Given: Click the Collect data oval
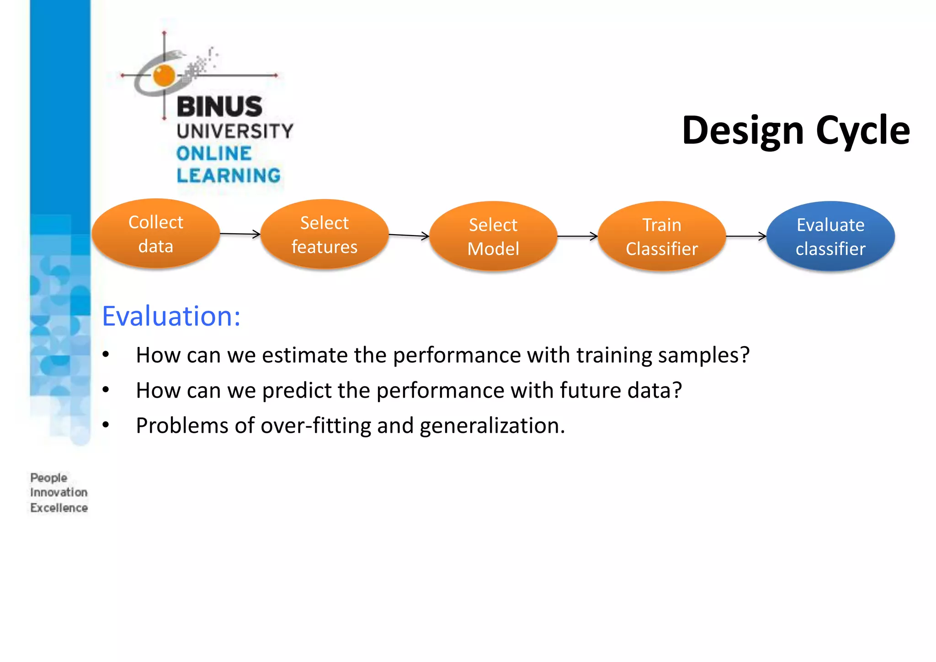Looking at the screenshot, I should [156, 234].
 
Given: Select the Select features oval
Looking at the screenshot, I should [324, 235].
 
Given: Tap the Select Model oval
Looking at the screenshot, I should [493, 236].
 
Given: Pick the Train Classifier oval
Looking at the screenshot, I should [662, 236].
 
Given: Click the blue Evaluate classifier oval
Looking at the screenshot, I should [830, 236].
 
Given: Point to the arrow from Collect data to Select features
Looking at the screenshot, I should [240, 234].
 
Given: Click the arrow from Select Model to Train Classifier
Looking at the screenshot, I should [577, 236].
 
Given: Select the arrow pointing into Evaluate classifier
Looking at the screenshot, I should [746, 236].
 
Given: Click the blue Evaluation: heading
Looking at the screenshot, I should [171, 316].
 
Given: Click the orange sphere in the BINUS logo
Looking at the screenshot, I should [164, 75].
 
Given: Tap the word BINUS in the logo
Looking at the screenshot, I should [219, 107].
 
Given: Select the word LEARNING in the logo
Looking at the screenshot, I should [229, 176].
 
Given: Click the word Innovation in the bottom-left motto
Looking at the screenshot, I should [58, 493].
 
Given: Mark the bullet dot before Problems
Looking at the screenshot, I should [106, 425].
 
